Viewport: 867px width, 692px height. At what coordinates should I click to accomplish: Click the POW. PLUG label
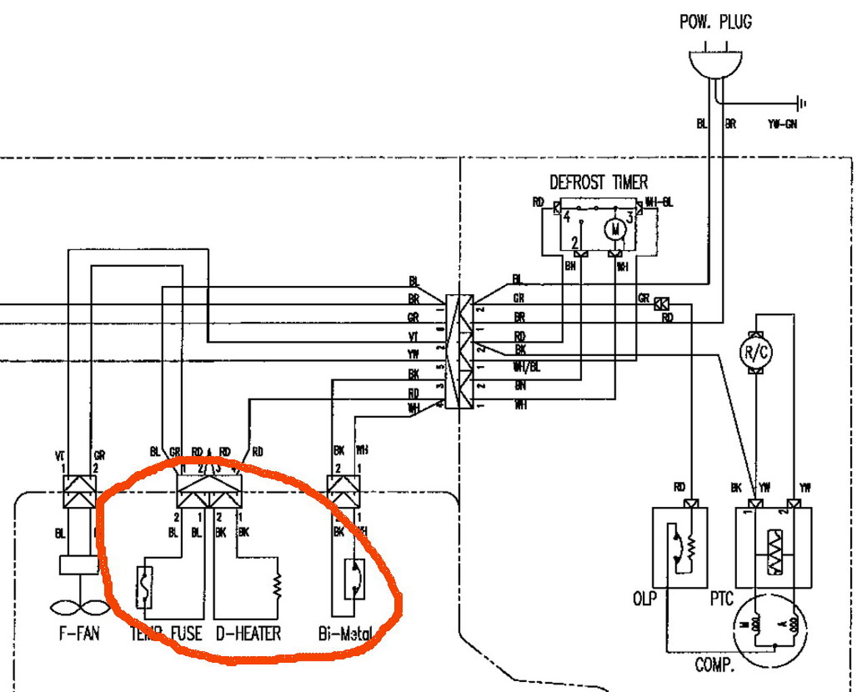point(715,22)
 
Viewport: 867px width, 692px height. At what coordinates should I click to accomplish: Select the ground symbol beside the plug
point(802,104)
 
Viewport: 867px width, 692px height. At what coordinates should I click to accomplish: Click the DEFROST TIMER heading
point(598,182)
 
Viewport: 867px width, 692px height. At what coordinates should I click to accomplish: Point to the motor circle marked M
point(615,230)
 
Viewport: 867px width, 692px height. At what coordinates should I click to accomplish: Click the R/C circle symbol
point(756,352)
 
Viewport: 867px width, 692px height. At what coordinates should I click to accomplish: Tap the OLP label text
point(644,599)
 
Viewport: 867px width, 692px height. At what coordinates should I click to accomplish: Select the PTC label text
point(721,599)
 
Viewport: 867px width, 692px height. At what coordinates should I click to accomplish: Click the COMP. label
point(715,665)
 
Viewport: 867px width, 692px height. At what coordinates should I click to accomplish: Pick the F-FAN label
point(79,634)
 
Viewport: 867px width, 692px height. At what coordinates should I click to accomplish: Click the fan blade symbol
point(79,605)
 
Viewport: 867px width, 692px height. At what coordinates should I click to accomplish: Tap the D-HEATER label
point(249,634)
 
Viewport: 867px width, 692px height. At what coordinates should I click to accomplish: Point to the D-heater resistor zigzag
point(277,586)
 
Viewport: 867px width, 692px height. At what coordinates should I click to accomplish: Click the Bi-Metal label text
point(345,634)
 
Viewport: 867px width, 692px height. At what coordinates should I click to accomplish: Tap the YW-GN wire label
point(782,124)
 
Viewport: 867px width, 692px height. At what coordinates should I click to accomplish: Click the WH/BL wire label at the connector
point(527,367)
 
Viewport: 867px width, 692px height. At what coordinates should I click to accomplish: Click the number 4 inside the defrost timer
point(567,218)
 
